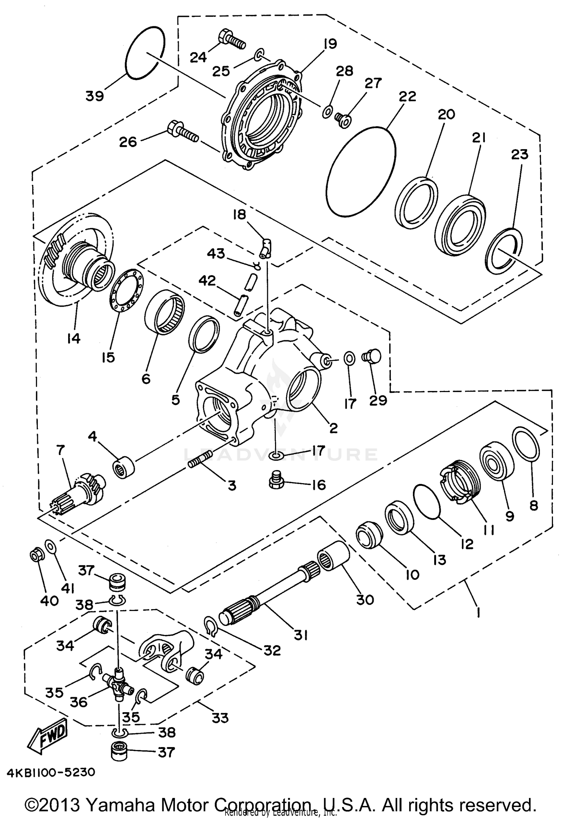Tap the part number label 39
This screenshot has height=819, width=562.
click(x=94, y=96)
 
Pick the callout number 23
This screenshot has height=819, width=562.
click(x=519, y=154)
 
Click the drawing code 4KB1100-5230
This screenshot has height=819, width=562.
click(x=51, y=771)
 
